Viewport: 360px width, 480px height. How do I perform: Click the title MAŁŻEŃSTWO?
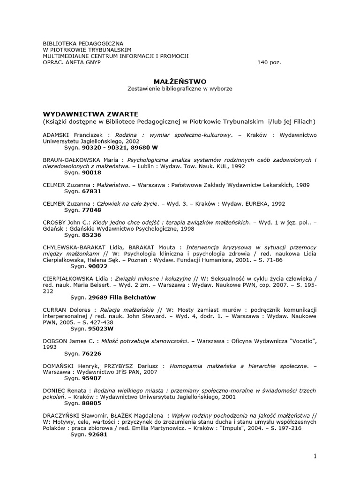[180, 81]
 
